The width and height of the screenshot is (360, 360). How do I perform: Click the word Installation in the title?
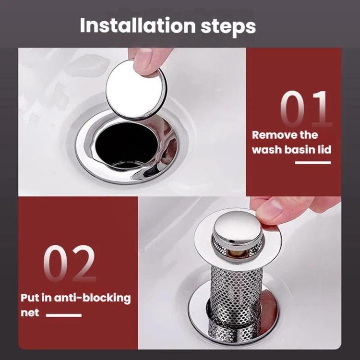pyautogui.click(x=138, y=25)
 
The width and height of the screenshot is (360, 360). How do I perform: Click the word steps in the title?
pyautogui.click(x=228, y=26)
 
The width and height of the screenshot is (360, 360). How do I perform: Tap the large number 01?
pyautogui.click(x=306, y=109)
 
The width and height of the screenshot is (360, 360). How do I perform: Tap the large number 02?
pyautogui.click(x=70, y=263)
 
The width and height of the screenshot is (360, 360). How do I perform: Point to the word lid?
pyautogui.click(x=324, y=149)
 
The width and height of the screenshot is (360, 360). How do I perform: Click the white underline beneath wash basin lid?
pyautogui.click(x=313, y=163)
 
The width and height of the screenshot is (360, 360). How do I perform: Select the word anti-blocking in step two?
pyautogui.click(x=92, y=298)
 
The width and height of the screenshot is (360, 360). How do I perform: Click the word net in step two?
pyautogui.click(x=30, y=313)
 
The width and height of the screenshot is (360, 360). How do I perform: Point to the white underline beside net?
pyautogui.click(x=64, y=315)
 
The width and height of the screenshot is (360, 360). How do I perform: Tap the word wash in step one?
pyautogui.click(x=267, y=150)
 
